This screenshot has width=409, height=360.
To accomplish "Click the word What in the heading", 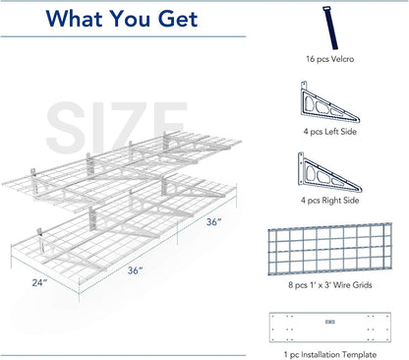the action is tap(75, 19).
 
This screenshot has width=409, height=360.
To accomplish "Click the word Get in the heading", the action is tap(178, 19).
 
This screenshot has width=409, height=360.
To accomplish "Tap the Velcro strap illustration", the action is tap(330, 28).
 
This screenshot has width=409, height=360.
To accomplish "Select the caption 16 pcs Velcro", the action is tap(330, 59).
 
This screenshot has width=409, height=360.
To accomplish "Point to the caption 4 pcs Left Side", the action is tap(330, 132).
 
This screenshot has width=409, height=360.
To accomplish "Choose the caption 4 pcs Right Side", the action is tap(330, 201).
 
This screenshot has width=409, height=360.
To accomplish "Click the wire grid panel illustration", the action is tap(330, 249).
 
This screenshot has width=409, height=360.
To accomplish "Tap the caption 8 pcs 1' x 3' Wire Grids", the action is tap(330, 285).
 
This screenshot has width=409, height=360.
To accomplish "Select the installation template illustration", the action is tap(330, 328).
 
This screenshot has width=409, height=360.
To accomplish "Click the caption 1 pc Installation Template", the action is tap(330, 354).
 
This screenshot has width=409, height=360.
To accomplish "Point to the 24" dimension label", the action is tap(39, 282).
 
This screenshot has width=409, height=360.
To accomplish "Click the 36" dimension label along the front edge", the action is tap(136, 270).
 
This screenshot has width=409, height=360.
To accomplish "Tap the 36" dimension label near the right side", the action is tap(213, 222).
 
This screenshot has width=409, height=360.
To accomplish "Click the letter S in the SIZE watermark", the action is tap(65, 127).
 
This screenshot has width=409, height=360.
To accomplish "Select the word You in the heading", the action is tap(130, 19).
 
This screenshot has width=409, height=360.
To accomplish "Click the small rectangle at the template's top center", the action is tap(330, 322).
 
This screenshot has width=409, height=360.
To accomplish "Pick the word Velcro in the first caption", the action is tap(342, 59).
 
